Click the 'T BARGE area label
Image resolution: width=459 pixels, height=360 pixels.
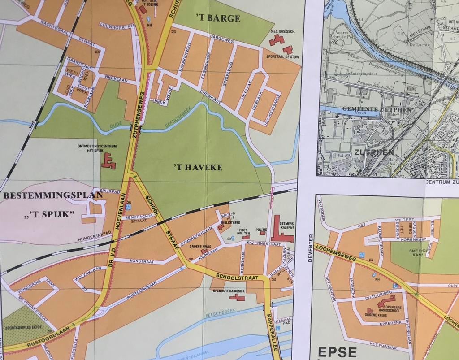tap(218, 18)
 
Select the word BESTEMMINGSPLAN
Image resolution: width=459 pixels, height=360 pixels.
tap(39, 195)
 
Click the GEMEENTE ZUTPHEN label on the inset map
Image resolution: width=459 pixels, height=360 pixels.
tap(377, 109)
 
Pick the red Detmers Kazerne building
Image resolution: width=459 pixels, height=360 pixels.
tap(281, 232)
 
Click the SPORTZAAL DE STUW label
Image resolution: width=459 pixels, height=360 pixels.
tap(282, 57)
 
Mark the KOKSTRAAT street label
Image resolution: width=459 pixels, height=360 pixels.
tap(142, 260)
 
